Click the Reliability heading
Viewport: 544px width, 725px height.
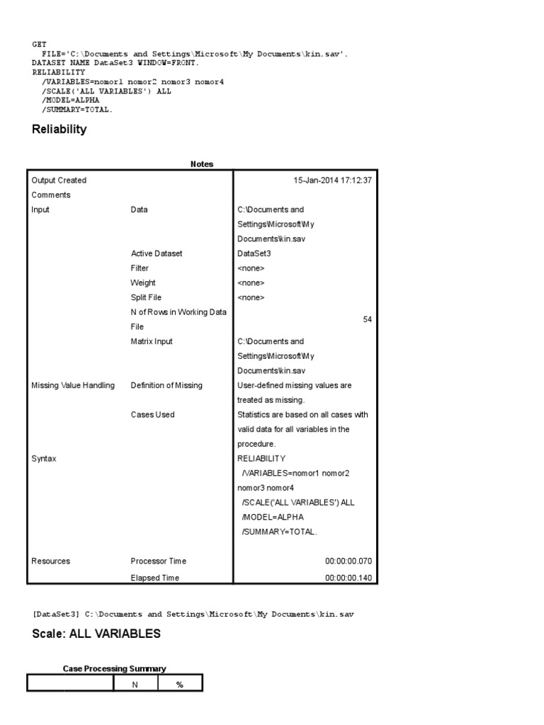[59, 130]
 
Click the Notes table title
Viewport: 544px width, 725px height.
[202, 164]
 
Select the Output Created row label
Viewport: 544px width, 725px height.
[59, 181]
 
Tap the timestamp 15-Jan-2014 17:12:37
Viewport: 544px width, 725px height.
[332, 181]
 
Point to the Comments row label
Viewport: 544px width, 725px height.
[51, 195]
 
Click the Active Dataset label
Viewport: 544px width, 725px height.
[157, 253]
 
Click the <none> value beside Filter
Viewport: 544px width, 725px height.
[251, 268]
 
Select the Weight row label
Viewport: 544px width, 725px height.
[143, 283]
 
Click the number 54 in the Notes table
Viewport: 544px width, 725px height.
[367, 319]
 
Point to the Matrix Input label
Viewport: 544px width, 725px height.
[152, 341]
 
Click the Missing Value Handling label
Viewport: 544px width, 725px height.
[73, 385]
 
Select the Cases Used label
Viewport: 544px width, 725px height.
[152, 415]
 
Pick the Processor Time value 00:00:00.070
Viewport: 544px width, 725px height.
[348, 561]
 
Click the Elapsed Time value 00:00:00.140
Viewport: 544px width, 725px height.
[348, 578]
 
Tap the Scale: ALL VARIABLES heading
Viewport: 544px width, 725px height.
[96, 634]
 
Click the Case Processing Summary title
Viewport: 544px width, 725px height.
[114, 668]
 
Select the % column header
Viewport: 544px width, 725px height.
[179, 684]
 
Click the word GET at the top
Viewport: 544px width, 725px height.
[40, 44]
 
